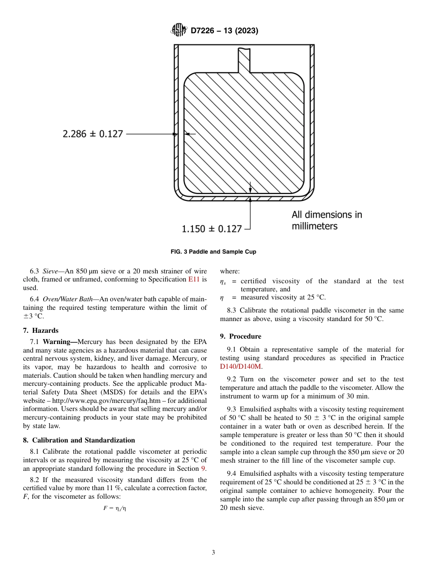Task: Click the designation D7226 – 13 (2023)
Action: pos(224,31)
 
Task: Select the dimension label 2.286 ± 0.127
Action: pos(93,134)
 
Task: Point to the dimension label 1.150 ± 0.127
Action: pos(212,229)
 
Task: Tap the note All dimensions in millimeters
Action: pos(327,220)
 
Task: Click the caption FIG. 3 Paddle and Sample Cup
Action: pos(213,252)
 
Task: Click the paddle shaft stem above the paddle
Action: pos(244,60)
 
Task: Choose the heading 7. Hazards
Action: pos(41,331)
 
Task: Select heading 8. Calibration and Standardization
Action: pos(79,440)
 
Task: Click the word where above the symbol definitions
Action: pos(230,272)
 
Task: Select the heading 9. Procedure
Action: pos(240,336)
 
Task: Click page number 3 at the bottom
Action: pos(213,553)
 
